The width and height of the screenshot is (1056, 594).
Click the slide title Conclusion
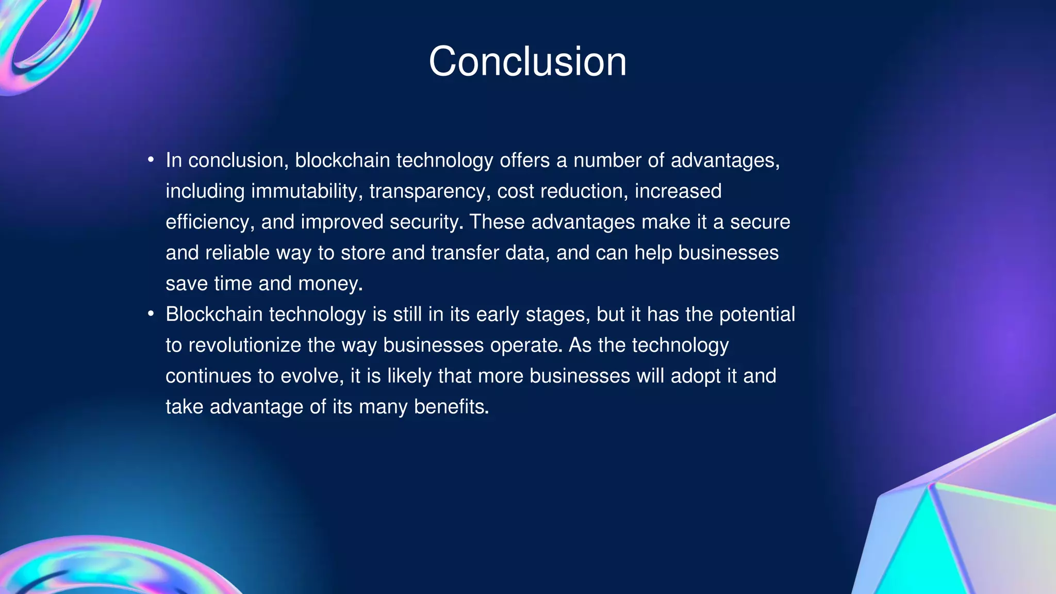pos(527,62)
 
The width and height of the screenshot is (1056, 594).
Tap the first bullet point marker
pos(151,160)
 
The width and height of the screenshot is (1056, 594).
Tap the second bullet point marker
pos(151,313)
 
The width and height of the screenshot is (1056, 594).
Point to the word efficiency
pos(209,222)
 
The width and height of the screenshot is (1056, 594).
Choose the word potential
pos(757,315)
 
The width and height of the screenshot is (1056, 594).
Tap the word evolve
pos(311,376)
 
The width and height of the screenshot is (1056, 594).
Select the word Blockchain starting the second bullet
pos(214,315)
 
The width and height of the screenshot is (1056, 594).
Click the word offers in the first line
pos(524,160)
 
